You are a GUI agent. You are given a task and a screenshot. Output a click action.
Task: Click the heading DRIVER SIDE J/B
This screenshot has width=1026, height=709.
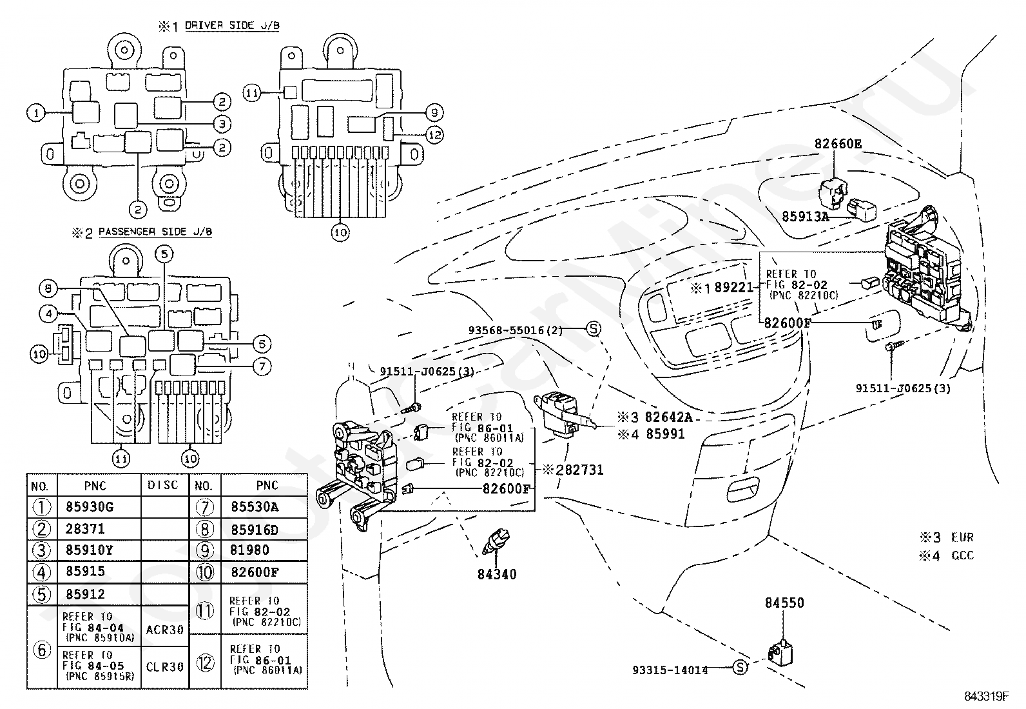point(232,26)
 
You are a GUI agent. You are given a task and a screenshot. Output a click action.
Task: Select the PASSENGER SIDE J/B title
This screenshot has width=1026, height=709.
point(155,232)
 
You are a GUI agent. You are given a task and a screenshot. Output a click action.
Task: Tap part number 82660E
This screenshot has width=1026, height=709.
point(838,144)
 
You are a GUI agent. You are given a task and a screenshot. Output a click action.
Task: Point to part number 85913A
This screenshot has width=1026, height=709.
point(805,217)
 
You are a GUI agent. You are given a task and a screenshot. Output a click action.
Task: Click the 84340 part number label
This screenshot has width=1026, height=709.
point(497,574)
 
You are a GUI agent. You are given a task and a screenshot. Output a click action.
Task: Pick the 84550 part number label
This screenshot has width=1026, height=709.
point(784,603)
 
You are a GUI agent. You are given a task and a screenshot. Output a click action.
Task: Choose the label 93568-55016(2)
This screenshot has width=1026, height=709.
point(516,330)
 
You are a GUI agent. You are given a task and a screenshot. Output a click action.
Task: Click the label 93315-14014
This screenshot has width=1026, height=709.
point(670,670)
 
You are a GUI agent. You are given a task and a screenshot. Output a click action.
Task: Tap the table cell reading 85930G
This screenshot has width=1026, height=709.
point(90,507)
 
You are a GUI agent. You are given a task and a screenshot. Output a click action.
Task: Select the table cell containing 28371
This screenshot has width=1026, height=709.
point(85,529)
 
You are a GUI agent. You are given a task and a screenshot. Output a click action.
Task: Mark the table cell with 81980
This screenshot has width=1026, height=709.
point(249,550)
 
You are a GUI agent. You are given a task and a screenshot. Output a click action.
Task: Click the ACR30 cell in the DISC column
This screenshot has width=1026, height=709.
point(165,630)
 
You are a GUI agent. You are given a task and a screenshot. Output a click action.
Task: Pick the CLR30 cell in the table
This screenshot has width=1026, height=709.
point(165,667)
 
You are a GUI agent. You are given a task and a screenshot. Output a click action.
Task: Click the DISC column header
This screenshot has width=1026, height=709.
point(162,485)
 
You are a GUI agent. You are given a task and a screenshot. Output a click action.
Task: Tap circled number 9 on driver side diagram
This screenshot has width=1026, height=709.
point(434,112)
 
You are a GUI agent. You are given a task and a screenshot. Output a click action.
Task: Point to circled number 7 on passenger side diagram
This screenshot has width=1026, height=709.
point(262,366)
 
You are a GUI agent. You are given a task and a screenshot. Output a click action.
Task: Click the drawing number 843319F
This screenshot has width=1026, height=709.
point(987,696)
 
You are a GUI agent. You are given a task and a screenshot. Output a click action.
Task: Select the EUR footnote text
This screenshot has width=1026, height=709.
point(962,537)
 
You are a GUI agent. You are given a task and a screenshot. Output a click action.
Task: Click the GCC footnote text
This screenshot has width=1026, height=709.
point(963,555)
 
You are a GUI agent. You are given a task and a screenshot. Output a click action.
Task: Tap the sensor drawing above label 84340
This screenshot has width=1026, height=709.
point(496,542)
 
